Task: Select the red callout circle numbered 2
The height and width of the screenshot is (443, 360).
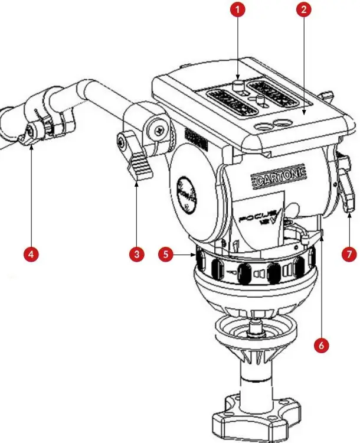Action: [x=305, y=10]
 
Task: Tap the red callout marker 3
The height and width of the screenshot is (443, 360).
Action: [x=136, y=254]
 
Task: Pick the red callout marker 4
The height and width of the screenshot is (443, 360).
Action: [x=31, y=254]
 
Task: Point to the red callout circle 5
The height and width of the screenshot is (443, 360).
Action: [x=167, y=254]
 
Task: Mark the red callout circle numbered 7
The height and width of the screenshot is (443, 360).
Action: [x=349, y=254]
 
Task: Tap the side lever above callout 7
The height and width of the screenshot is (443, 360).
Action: [x=346, y=189]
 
